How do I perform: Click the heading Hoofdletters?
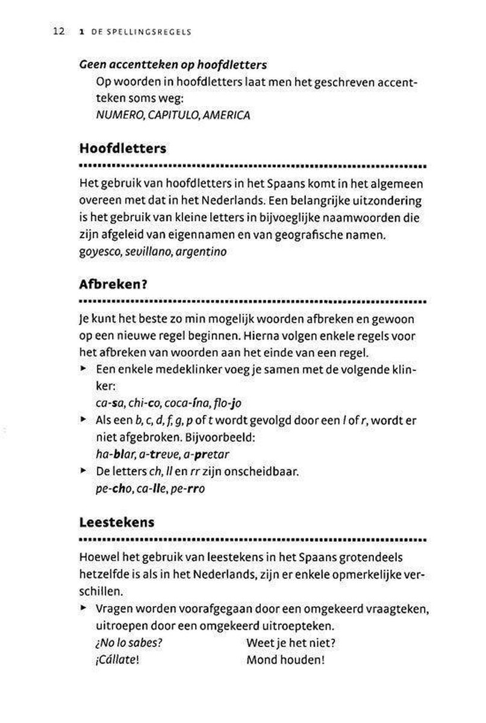(123, 148)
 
